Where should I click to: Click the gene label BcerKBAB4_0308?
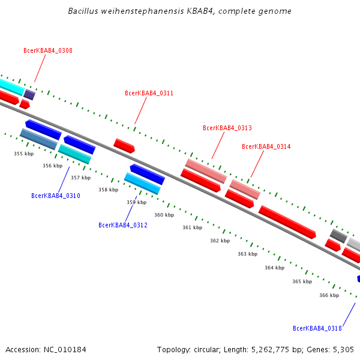[x=47, y=50]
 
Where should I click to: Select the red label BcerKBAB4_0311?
[x=149, y=93]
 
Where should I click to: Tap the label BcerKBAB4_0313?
[x=227, y=128]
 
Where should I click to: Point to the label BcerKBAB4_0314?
[x=266, y=146]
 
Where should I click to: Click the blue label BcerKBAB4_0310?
[x=55, y=196]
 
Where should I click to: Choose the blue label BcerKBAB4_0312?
[x=122, y=225]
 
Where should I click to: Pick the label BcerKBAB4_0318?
[x=317, y=328]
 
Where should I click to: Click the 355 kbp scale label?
[x=23, y=154]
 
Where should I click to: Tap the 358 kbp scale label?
[x=108, y=190]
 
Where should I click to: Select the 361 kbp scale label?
[x=192, y=227]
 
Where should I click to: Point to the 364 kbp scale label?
[x=274, y=268]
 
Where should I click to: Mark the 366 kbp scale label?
[x=329, y=295]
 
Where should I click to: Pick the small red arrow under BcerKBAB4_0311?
[x=124, y=145]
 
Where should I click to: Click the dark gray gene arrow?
[x=338, y=236]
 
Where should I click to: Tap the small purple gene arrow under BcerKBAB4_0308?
[x=29, y=94]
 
